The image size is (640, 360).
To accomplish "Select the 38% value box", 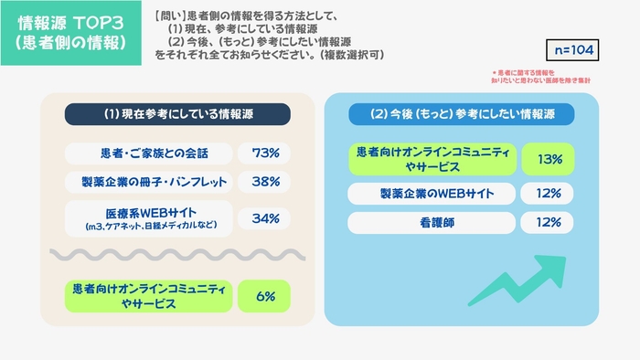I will (264, 181).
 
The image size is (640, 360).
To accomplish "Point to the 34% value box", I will (264, 217).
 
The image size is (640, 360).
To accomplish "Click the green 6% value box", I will (264, 295).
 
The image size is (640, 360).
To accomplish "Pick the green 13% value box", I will (549, 159).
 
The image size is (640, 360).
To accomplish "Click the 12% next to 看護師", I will (549, 222).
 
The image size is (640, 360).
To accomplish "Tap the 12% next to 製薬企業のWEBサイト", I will (549, 193).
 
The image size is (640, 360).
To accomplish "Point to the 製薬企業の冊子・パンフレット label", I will (148, 181).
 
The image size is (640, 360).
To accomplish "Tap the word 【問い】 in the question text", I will (168, 16).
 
